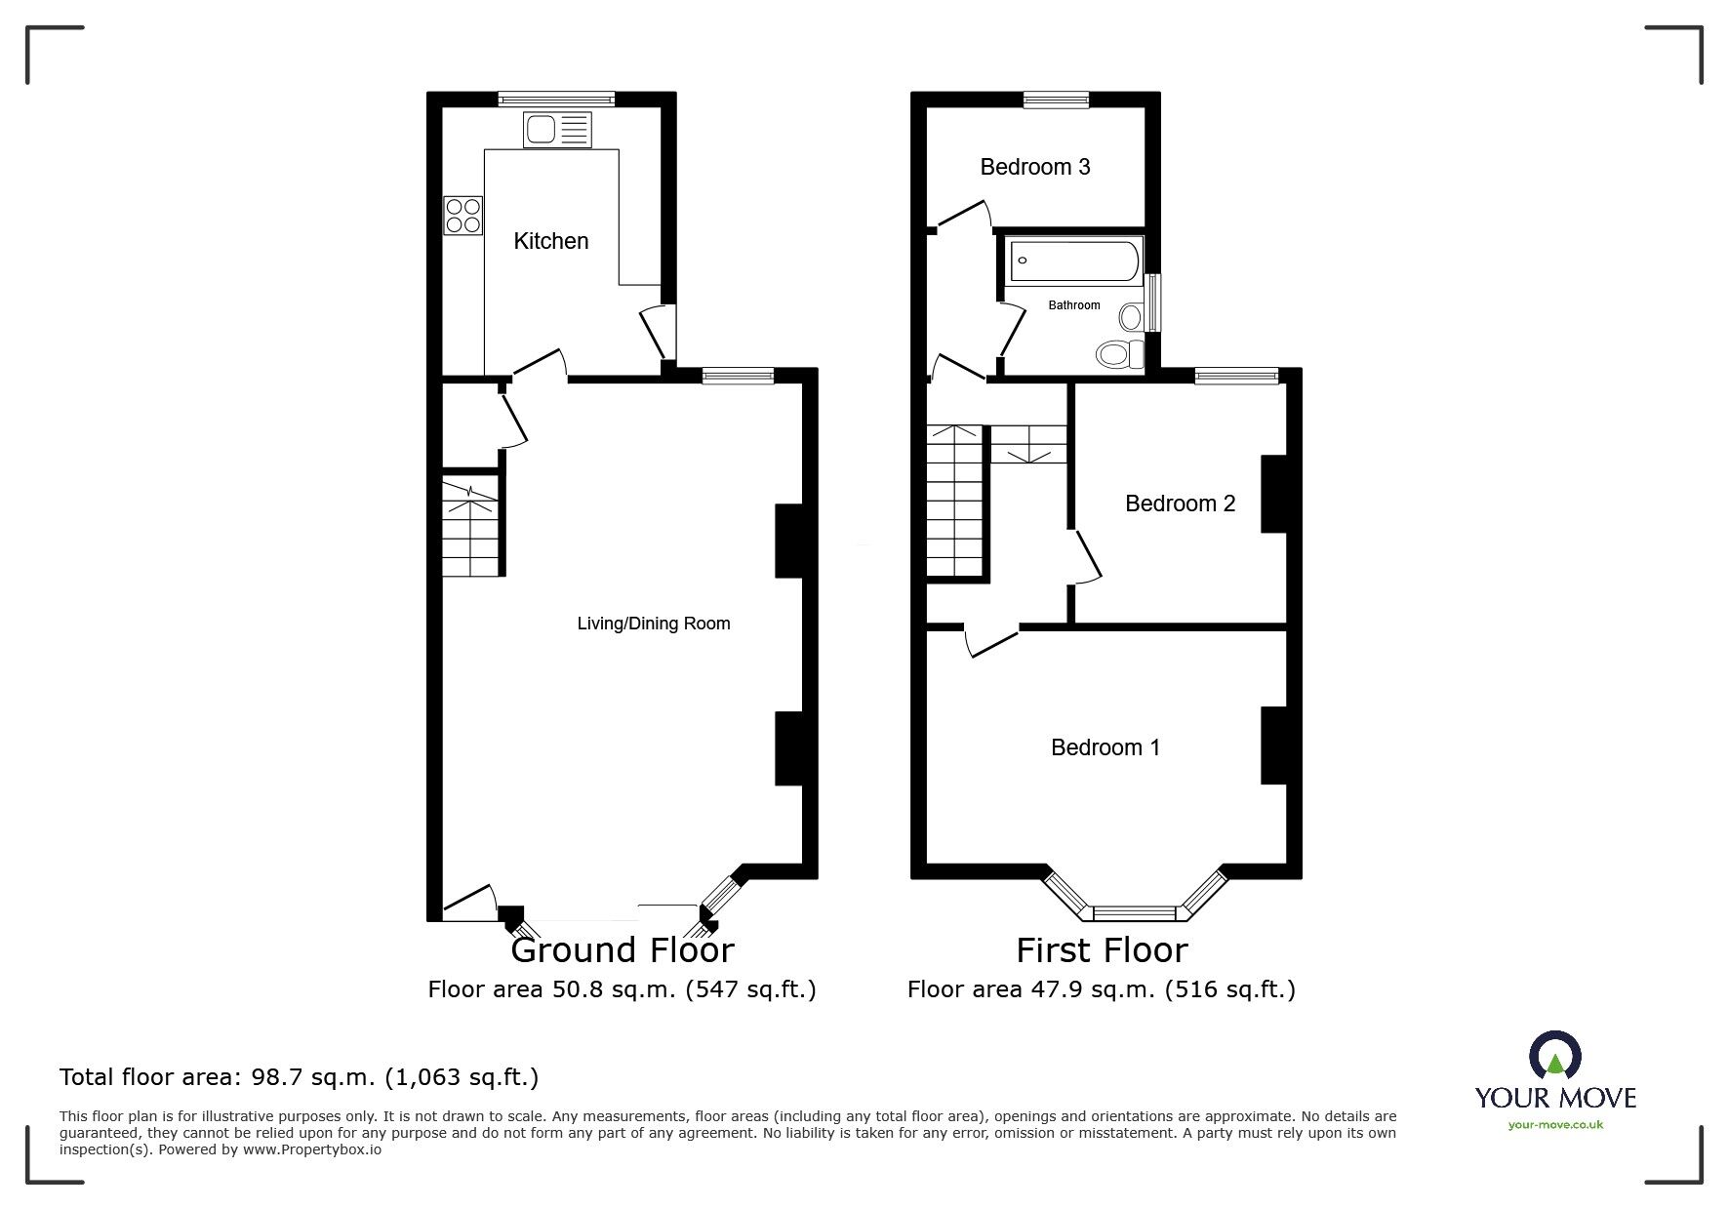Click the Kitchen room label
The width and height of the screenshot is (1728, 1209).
pyautogui.click(x=550, y=241)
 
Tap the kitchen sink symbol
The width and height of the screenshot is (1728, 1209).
pyautogui.click(x=557, y=130)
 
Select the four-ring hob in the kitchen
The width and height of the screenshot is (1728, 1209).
pyautogui.click(x=463, y=216)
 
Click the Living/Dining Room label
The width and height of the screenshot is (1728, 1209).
pyautogui.click(x=653, y=624)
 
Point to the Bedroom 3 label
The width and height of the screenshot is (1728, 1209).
pyautogui.click(x=1034, y=167)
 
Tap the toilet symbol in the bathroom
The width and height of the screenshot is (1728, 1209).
pyautogui.click(x=1119, y=353)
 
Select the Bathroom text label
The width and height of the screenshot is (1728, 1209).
pyautogui.click(x=1073, y=305)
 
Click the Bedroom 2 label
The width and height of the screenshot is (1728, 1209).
pyautogui.click(x=1180, y=504)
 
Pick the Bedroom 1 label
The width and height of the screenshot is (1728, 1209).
pyautogui.click(x=1105, y=747)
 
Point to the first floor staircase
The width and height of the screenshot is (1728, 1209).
pyautogui.click(x=954, y=503)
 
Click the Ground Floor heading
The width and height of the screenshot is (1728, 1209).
pyautogui.click(x=622, y=949)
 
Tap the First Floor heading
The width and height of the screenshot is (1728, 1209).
pyautogui.click(x=1102, y=949)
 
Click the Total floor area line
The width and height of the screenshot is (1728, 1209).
pyautogui.click(x=299, y=1077)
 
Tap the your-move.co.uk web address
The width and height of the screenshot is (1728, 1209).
pyautogui.click(x=1555, y=1125)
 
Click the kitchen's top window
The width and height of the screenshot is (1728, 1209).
pyautogui.click(x=556, y=99)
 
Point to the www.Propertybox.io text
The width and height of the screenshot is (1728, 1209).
pyautogui.click(x=312, y=1149)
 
